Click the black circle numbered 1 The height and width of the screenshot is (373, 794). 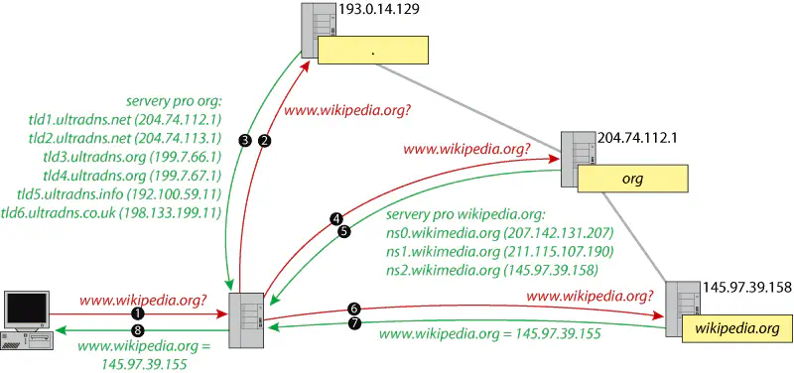(x=138, y=311)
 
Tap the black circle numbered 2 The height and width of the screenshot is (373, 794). (x=264, y=141)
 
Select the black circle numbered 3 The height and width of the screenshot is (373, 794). (x=245, y=141)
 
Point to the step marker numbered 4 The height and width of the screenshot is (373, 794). (x=336, y=218)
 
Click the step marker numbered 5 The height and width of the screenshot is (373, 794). (x=344, y=232)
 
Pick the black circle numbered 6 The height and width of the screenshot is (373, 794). (x=354, y=308)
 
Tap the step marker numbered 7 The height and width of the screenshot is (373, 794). (x=354, y=324)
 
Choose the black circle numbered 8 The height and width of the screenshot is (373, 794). (x=138, y=327)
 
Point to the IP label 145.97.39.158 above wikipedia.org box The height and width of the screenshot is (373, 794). (x=745, y=288)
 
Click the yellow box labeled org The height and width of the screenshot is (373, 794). (x=632, y=180)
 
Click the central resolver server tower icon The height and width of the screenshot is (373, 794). (x=246, y=318)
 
